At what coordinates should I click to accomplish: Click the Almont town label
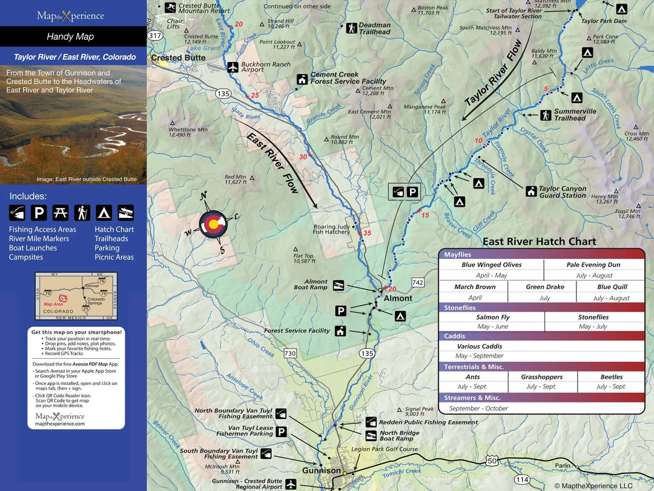tap(398, 298)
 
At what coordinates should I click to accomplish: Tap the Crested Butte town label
tap(178, 58)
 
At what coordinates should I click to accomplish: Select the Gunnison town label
tap(322, 470)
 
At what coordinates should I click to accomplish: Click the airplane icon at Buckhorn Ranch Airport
tap(233, 67)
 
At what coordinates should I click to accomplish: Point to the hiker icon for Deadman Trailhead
tap(351, 28)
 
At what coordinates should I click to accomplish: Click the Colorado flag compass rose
tap(213, 224)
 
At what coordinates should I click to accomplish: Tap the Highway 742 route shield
tap(417, 282)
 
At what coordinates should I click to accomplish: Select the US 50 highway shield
tap(491, 461)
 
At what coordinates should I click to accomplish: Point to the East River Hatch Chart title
tap(539, 241)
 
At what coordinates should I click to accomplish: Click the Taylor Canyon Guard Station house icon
tap(531, 192)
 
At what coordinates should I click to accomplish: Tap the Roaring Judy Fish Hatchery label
tap(331, 229)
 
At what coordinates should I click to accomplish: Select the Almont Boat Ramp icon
tap(339, 284)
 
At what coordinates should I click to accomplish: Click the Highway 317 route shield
tap(155, 36)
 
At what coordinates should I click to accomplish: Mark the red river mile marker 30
tap(304, 157)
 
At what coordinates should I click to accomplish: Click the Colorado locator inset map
tap(76, 296)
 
